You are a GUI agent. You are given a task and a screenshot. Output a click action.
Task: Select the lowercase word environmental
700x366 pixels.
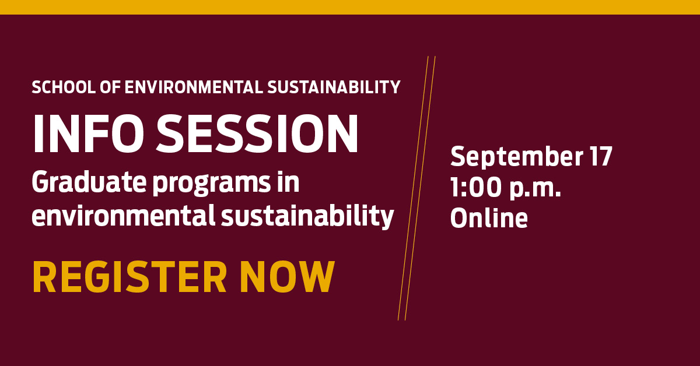(x=123, y=217)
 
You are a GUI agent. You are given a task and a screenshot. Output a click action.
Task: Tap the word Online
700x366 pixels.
(x=489, y=218)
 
